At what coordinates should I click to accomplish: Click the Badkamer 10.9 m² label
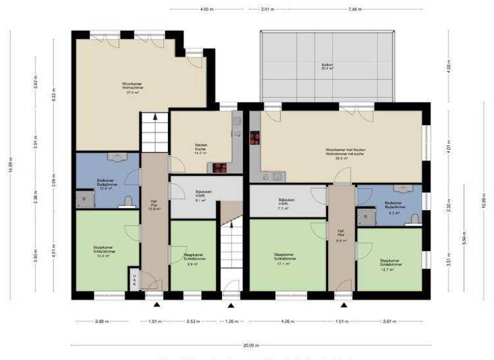click(x=106, y=184)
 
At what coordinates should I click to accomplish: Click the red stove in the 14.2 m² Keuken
click(x=220, y=168)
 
